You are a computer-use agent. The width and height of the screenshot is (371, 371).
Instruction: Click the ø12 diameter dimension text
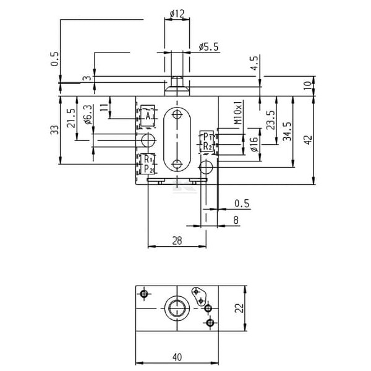coord(177,14)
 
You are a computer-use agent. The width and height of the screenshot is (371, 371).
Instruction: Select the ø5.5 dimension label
coord(209,47)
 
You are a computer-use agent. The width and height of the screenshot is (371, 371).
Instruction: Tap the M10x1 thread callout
coord(238,112)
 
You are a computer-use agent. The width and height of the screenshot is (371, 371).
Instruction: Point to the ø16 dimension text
coord(254,143)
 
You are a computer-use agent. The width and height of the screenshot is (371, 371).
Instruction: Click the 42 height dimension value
coord(309,140)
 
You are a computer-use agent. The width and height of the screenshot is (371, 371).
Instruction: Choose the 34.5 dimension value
coord(288,132)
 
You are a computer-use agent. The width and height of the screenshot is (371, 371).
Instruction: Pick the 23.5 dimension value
coord(271,120)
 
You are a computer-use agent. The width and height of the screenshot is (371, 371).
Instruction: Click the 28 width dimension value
coord(177,241)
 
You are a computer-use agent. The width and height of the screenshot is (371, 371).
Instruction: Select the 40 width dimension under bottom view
coord(177,357)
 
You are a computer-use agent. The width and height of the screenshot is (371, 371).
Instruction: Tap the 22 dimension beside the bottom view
coord(239,308)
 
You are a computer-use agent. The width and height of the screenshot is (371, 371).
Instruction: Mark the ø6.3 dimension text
coord(88,115)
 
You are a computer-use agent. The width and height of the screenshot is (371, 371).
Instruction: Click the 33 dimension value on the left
coord(54,130)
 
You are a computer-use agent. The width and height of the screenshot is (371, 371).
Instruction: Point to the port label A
coord(148,116)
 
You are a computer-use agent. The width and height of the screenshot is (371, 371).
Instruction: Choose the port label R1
coord(148,159)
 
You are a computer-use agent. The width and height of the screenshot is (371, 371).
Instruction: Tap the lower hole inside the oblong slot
coord(177,164)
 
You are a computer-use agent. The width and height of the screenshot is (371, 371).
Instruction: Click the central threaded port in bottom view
coord(177,309)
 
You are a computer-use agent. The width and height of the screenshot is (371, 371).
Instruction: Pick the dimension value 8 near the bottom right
coord(236,220)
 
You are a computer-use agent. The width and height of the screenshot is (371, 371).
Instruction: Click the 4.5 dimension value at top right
coord(255,64)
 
